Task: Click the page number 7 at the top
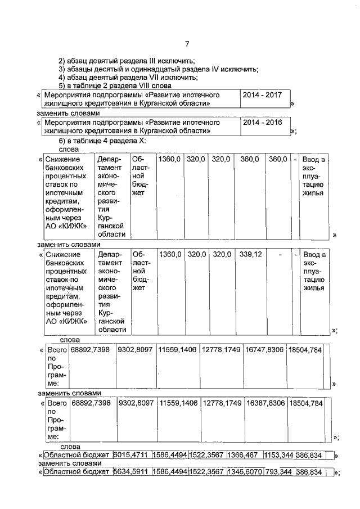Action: pos(187,44)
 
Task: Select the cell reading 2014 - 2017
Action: pos(262,96)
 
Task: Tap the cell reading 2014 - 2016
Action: pos(262,122)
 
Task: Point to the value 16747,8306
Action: pos(264,350)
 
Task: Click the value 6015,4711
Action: pos(131,456)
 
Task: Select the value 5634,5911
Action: pos(131,472)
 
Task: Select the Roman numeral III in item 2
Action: pos(149,61)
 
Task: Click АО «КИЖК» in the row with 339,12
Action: pos(66,321)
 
